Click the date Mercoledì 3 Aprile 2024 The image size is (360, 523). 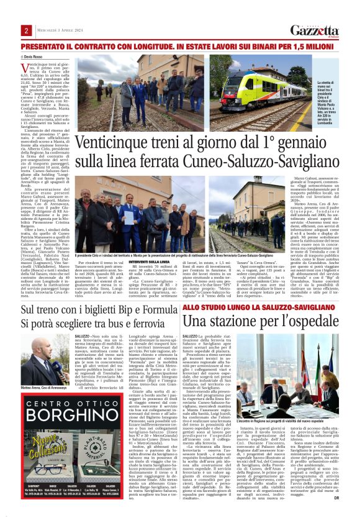pyautogui.click(x=58, y=30)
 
